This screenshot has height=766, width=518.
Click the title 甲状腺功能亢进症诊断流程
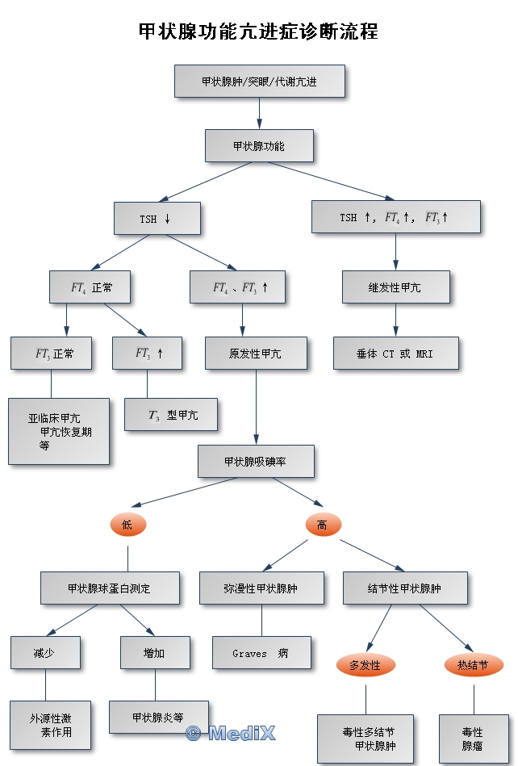(x=258, y=31)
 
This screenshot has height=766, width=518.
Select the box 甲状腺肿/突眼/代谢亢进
(x=260, y=82)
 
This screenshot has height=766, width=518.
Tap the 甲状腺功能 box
(x=259, y=146)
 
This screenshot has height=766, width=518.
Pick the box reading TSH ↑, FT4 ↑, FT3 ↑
(x=395, y=217)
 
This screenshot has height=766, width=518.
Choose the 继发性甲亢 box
(x=395, y=287)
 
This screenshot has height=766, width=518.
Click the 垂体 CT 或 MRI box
(x=395, y=354)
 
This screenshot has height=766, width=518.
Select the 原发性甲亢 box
(x=256, y=354)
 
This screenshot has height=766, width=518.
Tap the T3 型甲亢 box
(x=171, y=415)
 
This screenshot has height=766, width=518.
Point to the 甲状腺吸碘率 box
(x=256, y=461)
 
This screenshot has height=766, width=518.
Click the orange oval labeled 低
(x=127, y=525)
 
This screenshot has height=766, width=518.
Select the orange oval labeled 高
(x=323, y=525)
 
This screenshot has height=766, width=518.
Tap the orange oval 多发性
(x=366, y=665)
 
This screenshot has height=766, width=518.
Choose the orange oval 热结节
(x=474, y=665)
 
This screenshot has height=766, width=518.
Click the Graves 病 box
(x=261, y=653)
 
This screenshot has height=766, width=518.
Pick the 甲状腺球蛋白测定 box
(x=110, y=588)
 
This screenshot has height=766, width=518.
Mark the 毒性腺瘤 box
(x=473, y=739)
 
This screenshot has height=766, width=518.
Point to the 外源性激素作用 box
(x=50, y=725)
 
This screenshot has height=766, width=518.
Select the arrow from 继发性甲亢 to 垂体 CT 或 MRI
(x=395, y=320)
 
